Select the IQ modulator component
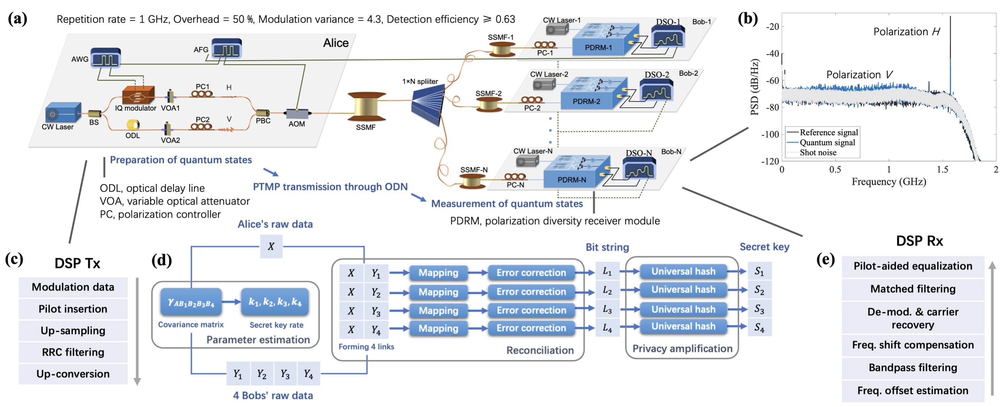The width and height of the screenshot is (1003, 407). (138, 95)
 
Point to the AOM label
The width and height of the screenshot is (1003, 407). (297, 124)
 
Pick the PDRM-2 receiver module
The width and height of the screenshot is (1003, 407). (586, 101)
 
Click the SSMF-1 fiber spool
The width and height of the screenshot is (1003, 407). (501, 49)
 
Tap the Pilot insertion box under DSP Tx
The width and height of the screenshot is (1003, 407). (73, 309)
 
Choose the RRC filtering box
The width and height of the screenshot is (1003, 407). (73, 352)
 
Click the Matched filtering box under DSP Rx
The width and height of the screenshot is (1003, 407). (912, 289)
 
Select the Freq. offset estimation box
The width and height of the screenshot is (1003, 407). (912, 391)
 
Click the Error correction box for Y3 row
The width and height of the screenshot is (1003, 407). (531, 310)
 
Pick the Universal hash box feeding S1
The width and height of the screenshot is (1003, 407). (683, 271)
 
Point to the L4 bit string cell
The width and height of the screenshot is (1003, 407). (607, 328)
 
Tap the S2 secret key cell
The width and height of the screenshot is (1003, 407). (759, 290)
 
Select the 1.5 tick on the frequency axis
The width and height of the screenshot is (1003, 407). (942, 170)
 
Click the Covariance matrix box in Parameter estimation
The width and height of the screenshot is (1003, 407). (191, 302)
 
